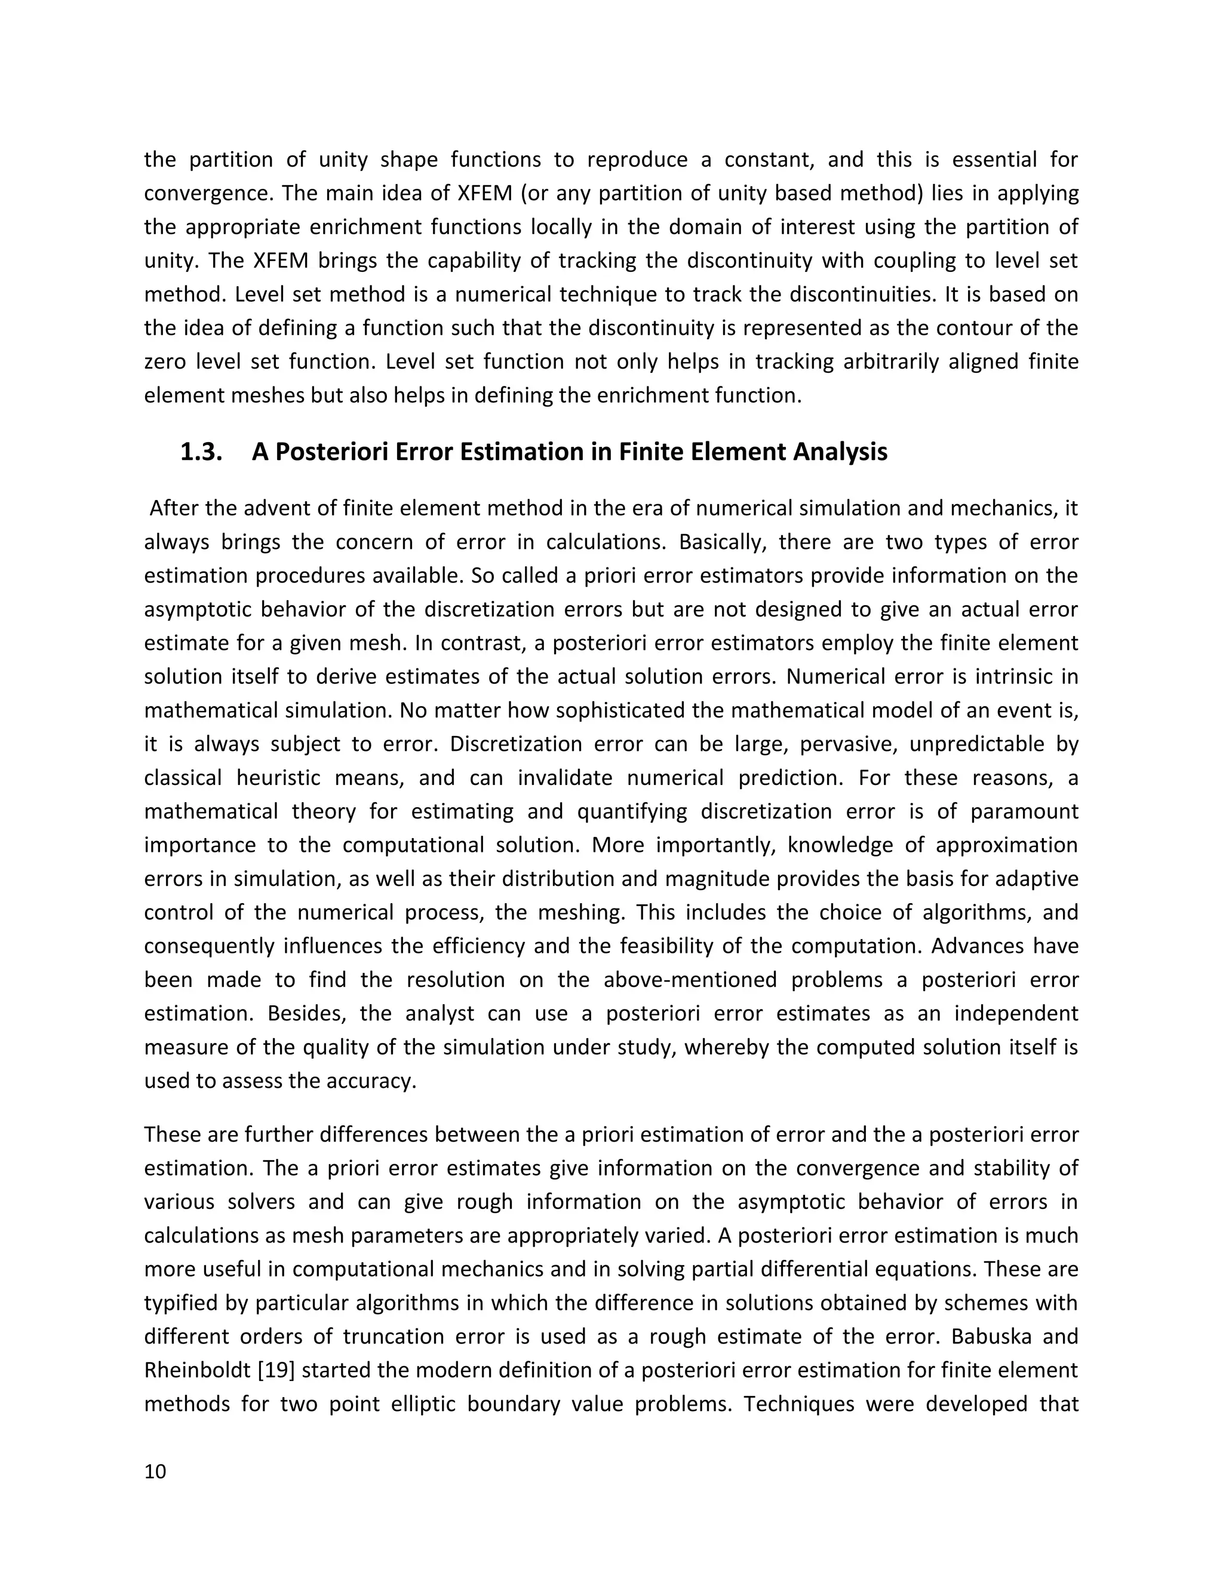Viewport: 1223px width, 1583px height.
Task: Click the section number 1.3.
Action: coord(201,452)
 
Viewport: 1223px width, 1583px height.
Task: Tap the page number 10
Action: coord(155,1471)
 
